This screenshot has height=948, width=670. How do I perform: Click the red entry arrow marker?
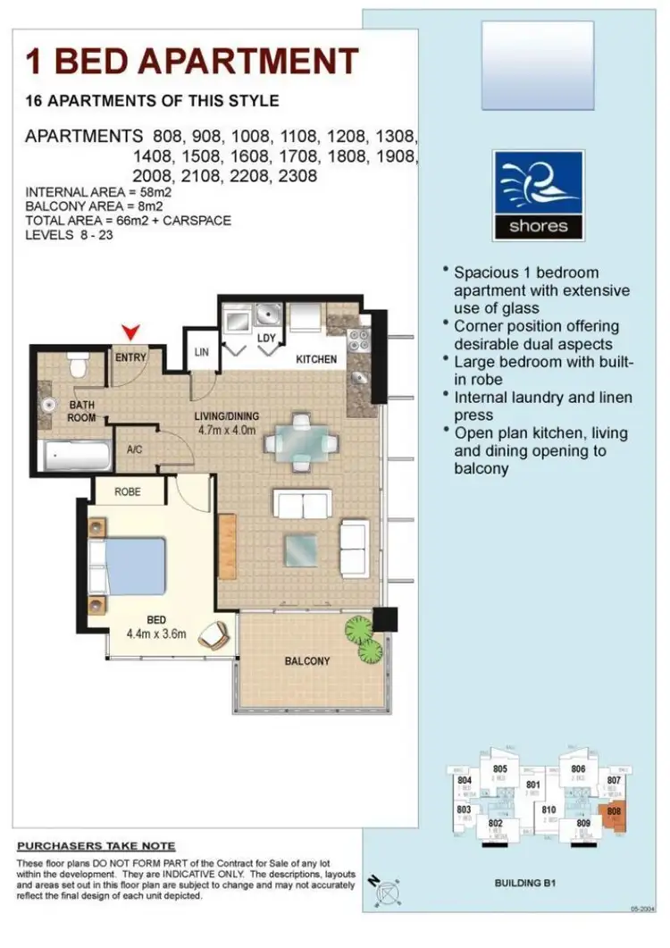pyautogui.click(x=132, y=333)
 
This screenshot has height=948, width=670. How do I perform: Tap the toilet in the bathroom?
pyautogui.click(x=77, y=365)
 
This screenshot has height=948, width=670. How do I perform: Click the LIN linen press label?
pyautogui.click(x=201, y=352)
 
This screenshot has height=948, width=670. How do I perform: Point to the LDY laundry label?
pyautogui.click(x=266, y=339)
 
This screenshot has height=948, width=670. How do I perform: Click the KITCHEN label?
pyautogui.click(x=316, y=359)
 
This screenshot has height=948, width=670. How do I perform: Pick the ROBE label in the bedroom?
pyautogui.click(x=127, y=491)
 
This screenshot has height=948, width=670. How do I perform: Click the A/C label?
pyautogui.click(x=137, y=450)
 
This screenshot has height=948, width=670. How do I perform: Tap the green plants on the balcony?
pyautogui.click(x=364, y=640)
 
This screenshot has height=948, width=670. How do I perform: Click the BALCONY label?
pyautogui.click(x=307, y=661)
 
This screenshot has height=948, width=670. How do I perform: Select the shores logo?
pyautogui.click(x=538, y=195)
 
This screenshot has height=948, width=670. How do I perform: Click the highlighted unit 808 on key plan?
pyautogui.click(x=614, y=815)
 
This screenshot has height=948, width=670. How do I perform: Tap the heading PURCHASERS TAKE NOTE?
pyautogui.click(x=96, y=846)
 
